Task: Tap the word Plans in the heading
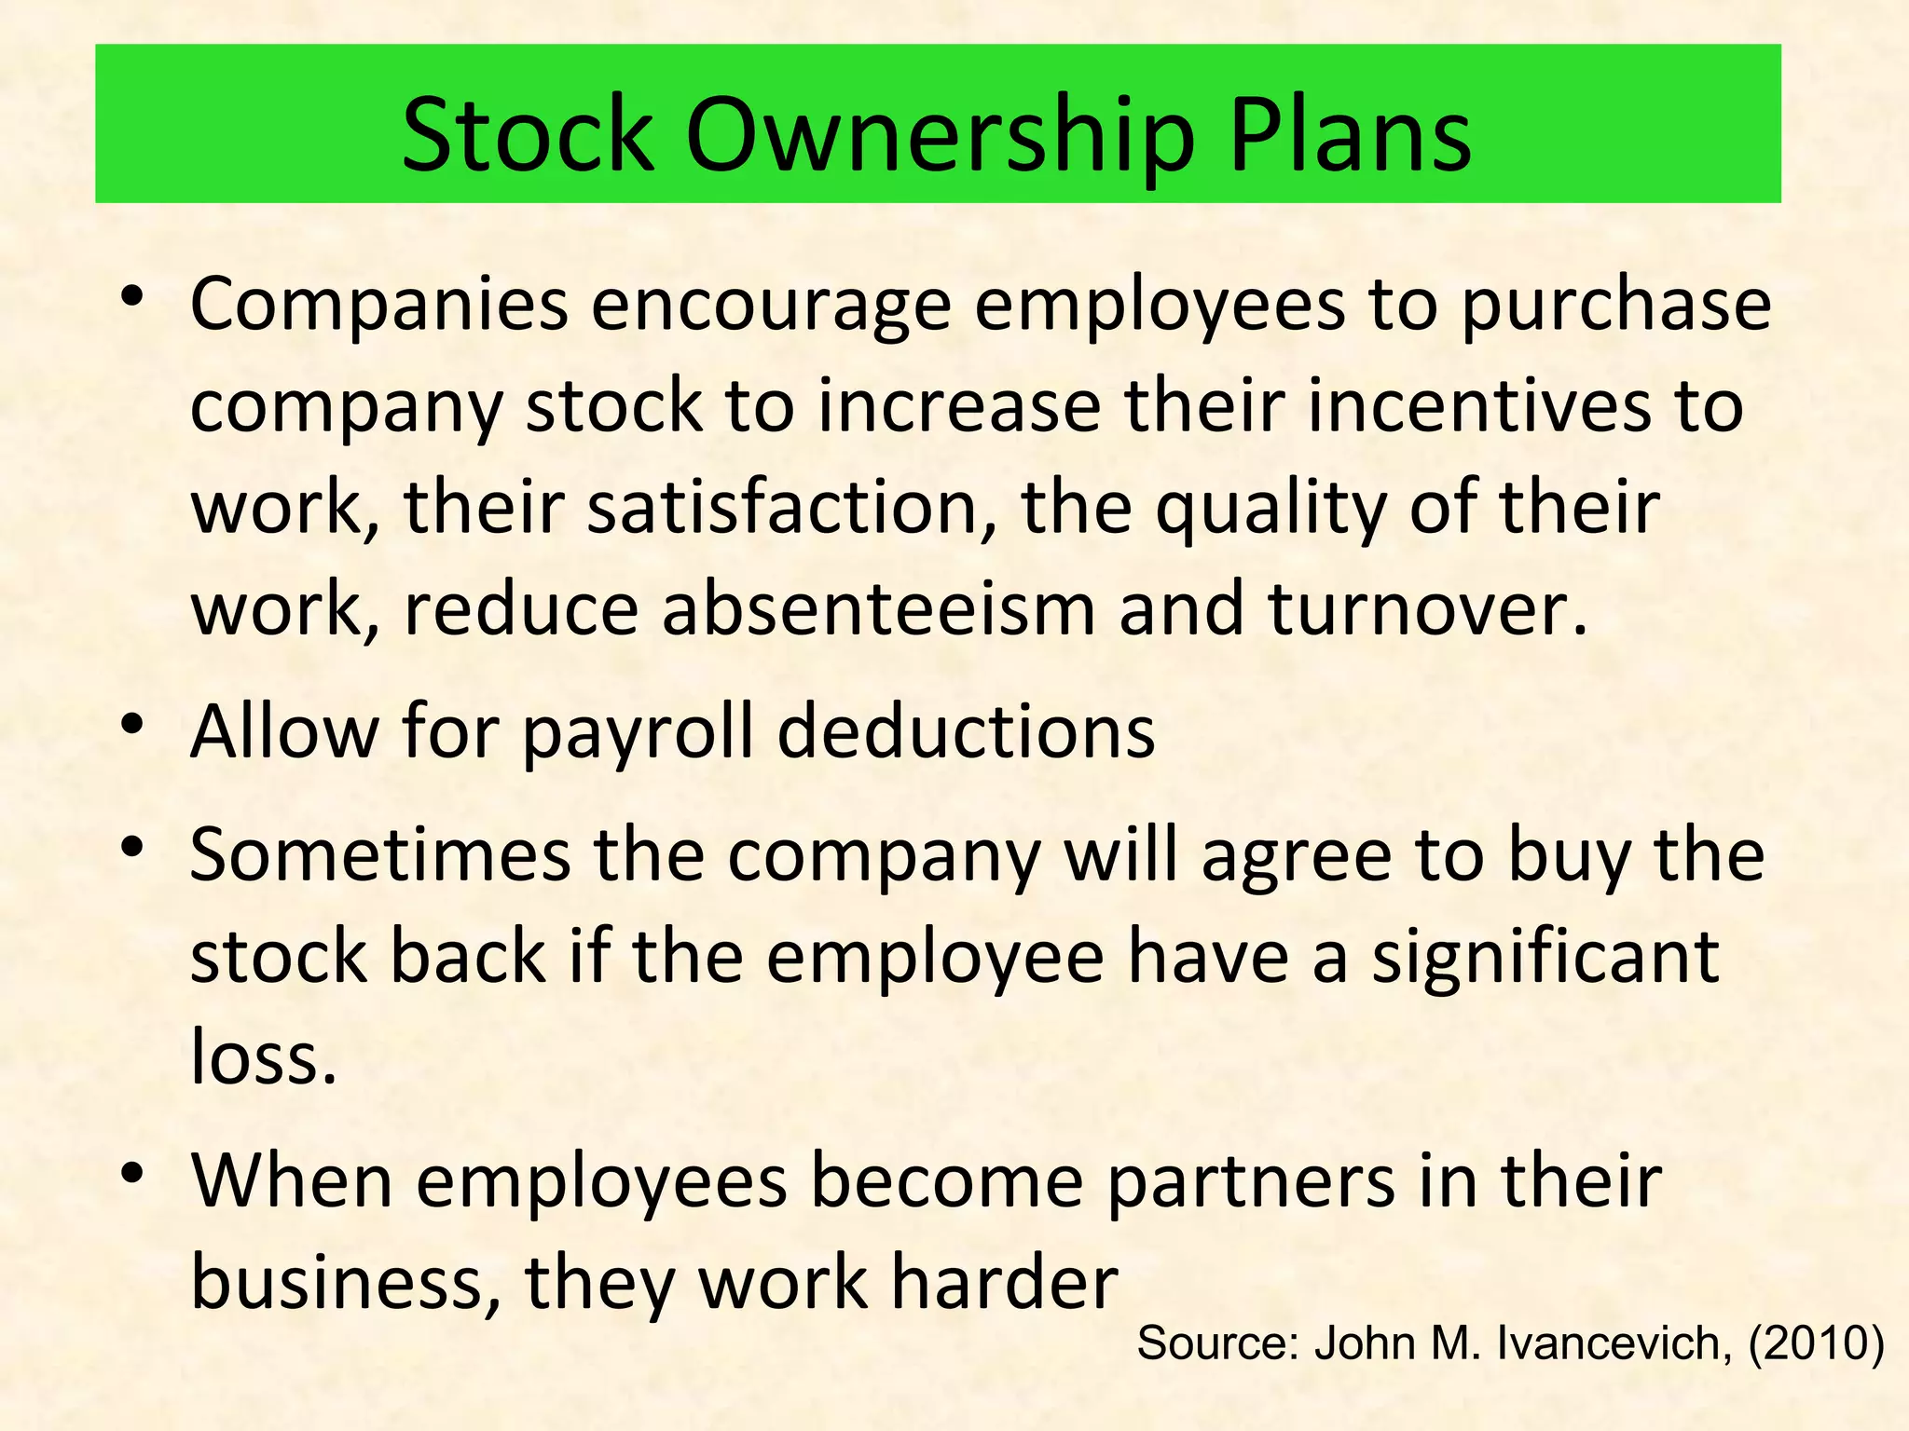point(1351,137)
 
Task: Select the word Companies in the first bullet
point(378,307)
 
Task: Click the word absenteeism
point(878,609)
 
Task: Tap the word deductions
point(966,731)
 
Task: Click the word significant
point(1545,958)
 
